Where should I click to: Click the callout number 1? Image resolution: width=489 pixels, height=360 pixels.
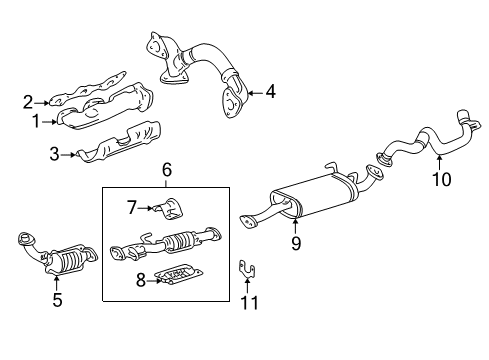tap(36, 122)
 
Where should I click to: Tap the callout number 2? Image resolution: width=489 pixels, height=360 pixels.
tap(28, 102)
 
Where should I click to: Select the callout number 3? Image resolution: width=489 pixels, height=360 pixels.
tap(54, 154)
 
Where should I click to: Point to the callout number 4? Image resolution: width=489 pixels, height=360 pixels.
tap(271, 92)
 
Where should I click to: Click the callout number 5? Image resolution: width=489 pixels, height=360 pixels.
tap(57, 300)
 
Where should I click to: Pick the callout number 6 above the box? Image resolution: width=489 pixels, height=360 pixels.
tap(167, 170)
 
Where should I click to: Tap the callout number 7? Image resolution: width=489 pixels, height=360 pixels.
tap(132, 208)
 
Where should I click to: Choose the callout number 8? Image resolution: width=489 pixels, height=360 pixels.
tap(141, 280)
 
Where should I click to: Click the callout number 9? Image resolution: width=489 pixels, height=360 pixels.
tap(296, 243)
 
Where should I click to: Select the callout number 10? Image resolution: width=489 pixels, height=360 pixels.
tap(442, 179)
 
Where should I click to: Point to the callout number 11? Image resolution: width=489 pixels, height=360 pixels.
tap(249, 303)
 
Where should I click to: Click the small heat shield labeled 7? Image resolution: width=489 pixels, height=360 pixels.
tap(171, 209)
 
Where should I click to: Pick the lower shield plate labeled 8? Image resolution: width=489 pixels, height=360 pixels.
tap(179, 274)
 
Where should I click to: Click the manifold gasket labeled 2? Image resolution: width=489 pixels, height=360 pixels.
tap(88, 89)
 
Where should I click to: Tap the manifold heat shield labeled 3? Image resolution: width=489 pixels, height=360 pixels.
tap(118, 143)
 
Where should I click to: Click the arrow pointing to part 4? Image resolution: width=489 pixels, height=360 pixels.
tap(255, 92)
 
